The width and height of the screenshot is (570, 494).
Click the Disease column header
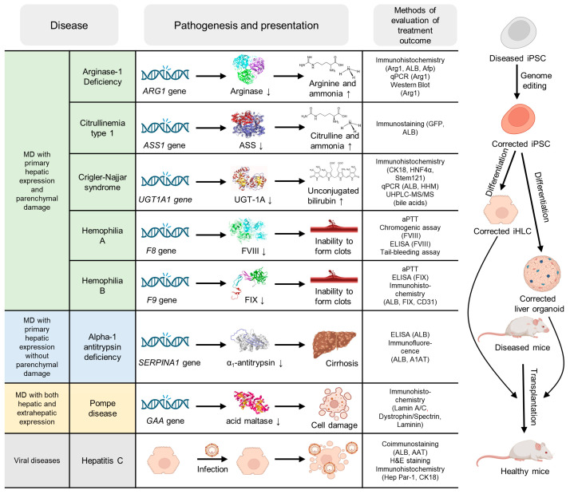pos(69,25)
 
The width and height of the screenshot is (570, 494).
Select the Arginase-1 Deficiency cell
pos(102,77)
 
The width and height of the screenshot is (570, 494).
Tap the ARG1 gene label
pos(164,91)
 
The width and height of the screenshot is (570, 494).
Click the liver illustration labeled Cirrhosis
pos(334,344)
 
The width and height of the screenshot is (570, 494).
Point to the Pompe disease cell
pos(102,409)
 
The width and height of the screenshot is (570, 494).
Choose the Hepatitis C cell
pos(102,460)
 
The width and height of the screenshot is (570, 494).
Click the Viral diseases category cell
pos(37,460)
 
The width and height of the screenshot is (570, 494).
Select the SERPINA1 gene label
pos(169,362)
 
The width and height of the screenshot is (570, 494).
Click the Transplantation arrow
pos(524,398)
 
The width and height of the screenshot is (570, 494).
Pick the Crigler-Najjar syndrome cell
pos(102,182)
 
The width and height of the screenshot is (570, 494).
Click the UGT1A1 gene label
pos(165,200)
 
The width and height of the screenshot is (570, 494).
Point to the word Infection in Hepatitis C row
pos(212,469)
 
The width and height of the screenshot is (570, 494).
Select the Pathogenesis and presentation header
pos(246,25)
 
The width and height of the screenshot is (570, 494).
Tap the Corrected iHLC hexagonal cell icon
pos(501,211)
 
